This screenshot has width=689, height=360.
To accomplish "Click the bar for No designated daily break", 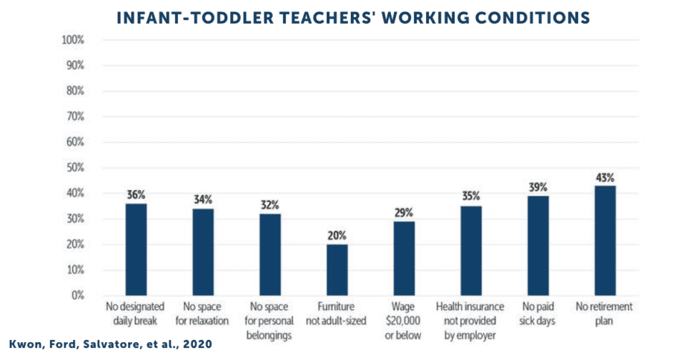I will [137, 249].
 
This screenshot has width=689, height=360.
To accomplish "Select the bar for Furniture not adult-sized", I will [337, 269].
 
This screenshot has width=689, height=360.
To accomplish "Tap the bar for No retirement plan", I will [605, 240].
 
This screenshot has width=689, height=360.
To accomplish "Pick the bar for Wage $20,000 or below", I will [404, 258].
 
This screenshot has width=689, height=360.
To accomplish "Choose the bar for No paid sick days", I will [538, 245].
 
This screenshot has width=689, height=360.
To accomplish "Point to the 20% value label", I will [337, 235].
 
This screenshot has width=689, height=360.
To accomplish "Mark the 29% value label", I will [404, 212].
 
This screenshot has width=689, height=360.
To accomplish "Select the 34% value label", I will [203, 199].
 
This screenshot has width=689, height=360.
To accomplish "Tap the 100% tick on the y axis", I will [73, 39].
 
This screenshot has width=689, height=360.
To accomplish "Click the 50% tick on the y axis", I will [74, 168].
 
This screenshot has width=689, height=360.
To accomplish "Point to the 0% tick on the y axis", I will [76, 295].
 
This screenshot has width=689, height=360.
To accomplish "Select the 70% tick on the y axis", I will [74, 116].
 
